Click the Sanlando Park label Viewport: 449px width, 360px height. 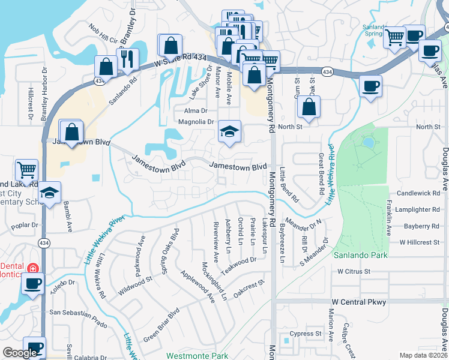pyautogui.click(x=360, y=255)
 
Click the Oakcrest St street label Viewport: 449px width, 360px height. pyautogui.click(x=249, y=284)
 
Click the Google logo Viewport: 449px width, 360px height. pyautogui.click(x=20, y=353)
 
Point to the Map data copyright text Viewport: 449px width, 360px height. pyautogui.click(x=424, y=355)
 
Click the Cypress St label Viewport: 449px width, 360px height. pyautogui.click(x=306, y=333)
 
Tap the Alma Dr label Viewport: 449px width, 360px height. pyautogui.click(x=196, y=111)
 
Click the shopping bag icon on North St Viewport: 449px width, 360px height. pyautogui.click(x=309, y=108)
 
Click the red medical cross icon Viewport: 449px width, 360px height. pyautogui.click(x=32, y=267)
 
